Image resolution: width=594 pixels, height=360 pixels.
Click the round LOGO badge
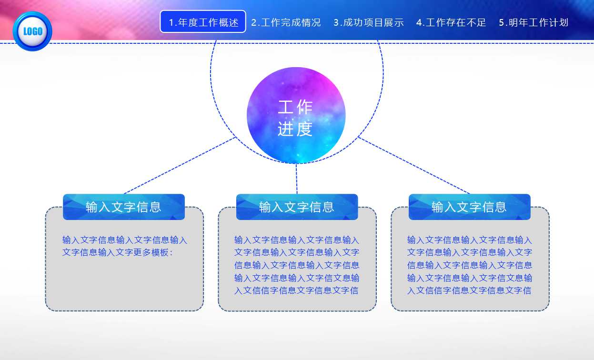[32, 31]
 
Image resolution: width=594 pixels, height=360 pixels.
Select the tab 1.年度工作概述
[203, 22]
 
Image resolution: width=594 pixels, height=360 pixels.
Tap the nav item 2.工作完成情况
[286, 22]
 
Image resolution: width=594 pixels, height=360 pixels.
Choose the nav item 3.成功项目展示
[368, 22]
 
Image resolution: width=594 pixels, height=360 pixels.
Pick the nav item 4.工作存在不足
[451, 22]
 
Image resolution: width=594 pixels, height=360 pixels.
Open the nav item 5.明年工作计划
[534, 22]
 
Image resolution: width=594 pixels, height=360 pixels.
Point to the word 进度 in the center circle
[295, 129]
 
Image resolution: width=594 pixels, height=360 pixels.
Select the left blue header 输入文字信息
[123, 207]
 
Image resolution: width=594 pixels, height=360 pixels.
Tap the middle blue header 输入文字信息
[297, 207]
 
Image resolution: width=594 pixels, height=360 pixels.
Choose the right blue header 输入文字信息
[469, 207]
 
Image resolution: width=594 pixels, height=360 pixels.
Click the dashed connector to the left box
[180, 166]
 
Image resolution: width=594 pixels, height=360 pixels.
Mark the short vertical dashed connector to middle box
[296, 179]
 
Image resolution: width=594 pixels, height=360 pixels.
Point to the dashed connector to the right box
[413, 166]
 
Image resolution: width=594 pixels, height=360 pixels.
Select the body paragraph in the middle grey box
[297, 265]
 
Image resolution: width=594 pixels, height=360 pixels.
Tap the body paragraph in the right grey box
[469, 265]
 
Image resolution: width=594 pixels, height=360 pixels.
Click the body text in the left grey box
[124, 246]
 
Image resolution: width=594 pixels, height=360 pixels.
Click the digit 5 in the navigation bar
[502, 22]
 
